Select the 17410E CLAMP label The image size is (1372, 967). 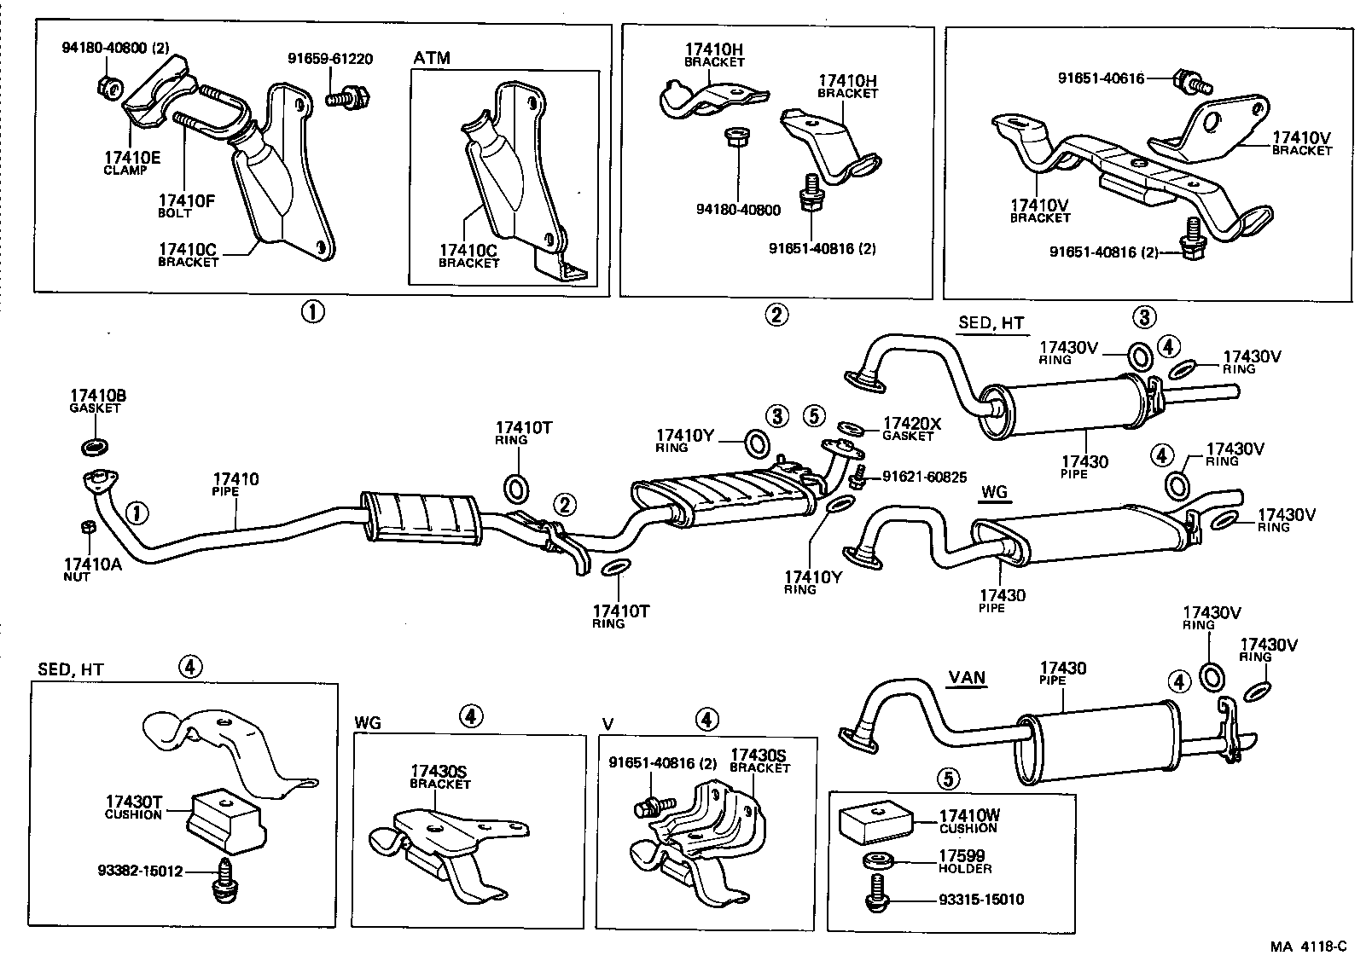click(x=132, y=162)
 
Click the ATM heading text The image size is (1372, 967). click(x=432, y=58)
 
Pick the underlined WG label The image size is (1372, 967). click(x=994, y=492)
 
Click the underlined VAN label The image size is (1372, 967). click(x=968, y=679)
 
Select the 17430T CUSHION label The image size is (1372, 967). click(x=133, y=807)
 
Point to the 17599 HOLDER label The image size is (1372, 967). click(x=965, y=861)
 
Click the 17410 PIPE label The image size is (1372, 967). click(x=235, y=485)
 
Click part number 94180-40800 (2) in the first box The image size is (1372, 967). click(x=115, y=49)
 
